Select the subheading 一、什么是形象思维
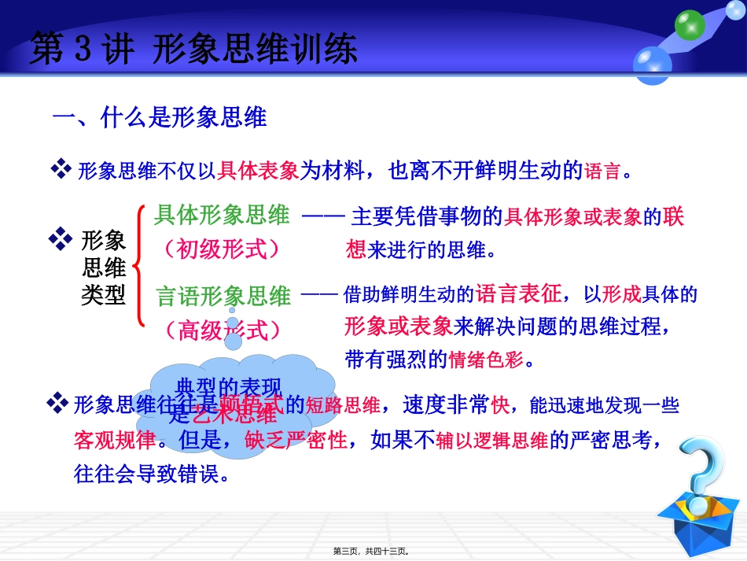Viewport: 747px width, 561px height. [x=160, y=118]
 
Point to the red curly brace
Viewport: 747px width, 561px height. [x=139, y=265]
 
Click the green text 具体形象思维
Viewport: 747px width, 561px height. [x=222, y=214]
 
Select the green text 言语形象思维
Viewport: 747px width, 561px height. [x=223, y=297]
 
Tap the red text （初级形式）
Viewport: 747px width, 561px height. [x=221, y=249]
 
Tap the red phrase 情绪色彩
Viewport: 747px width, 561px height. [x=480, y=360]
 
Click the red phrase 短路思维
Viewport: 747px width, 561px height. [x=343, y=405]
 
